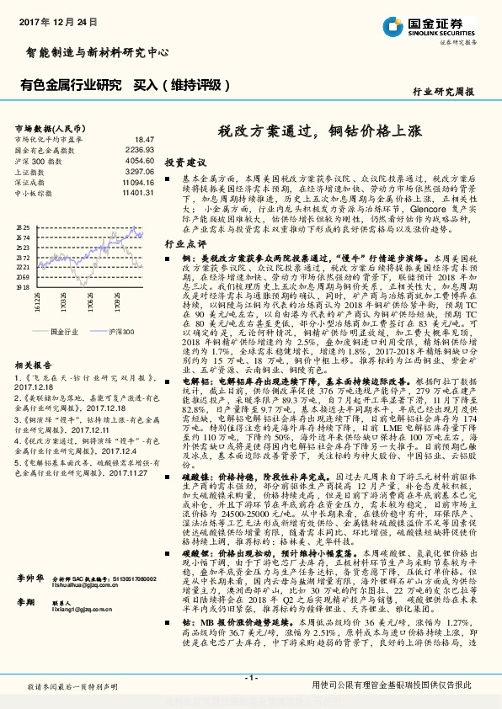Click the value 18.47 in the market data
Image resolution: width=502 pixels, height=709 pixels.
point(144,139)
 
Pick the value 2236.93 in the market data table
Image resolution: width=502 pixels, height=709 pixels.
point(141,149)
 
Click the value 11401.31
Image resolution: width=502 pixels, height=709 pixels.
point(138,193)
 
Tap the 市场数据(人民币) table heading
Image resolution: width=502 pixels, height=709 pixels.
point(46,127)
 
